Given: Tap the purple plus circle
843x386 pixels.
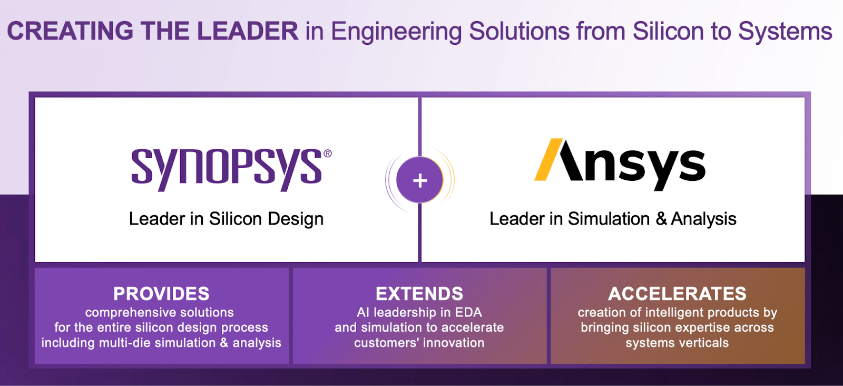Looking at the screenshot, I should [x=420, y=180].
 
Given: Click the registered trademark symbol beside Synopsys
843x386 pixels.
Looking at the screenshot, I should [x=328, y=153].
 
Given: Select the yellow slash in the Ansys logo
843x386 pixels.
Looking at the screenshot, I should [x=548, y=160].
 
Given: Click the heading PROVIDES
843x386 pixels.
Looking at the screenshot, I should [x=161, y=294].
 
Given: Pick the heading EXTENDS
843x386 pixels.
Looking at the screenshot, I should [x=419, y=294].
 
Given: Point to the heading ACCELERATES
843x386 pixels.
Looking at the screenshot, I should [x=677, y=294].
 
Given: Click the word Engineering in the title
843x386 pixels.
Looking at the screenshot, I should [x=396, y=31].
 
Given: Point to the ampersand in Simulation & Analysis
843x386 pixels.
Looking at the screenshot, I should [x=661, y=219].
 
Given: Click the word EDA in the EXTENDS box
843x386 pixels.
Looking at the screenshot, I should [x=468, y=312].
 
